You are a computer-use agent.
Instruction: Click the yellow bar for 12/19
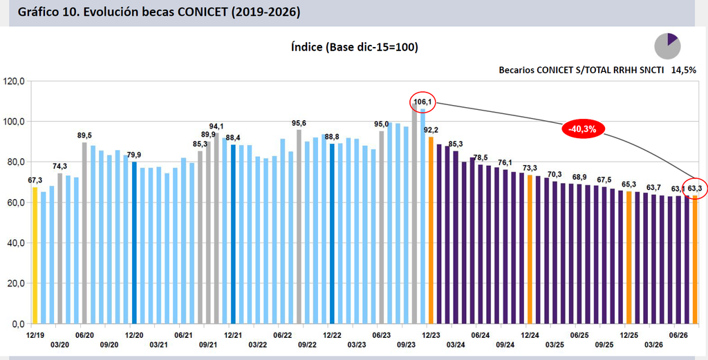coord(35,256)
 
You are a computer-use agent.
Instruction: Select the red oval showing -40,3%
coord(582,129)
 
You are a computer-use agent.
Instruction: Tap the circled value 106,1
coord(422,102)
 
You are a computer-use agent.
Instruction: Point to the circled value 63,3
coord(694,188)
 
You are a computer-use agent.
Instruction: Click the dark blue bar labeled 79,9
coord(134,243)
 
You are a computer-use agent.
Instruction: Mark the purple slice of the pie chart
coord(672,39)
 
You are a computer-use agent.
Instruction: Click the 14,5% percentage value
coord(683,70)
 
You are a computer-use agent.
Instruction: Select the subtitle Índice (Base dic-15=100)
coord(354,47)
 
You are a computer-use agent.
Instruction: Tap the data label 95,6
coord(299,123)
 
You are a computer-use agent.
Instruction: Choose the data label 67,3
coord(35,180)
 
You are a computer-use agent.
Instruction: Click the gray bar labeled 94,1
coord(216,228)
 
